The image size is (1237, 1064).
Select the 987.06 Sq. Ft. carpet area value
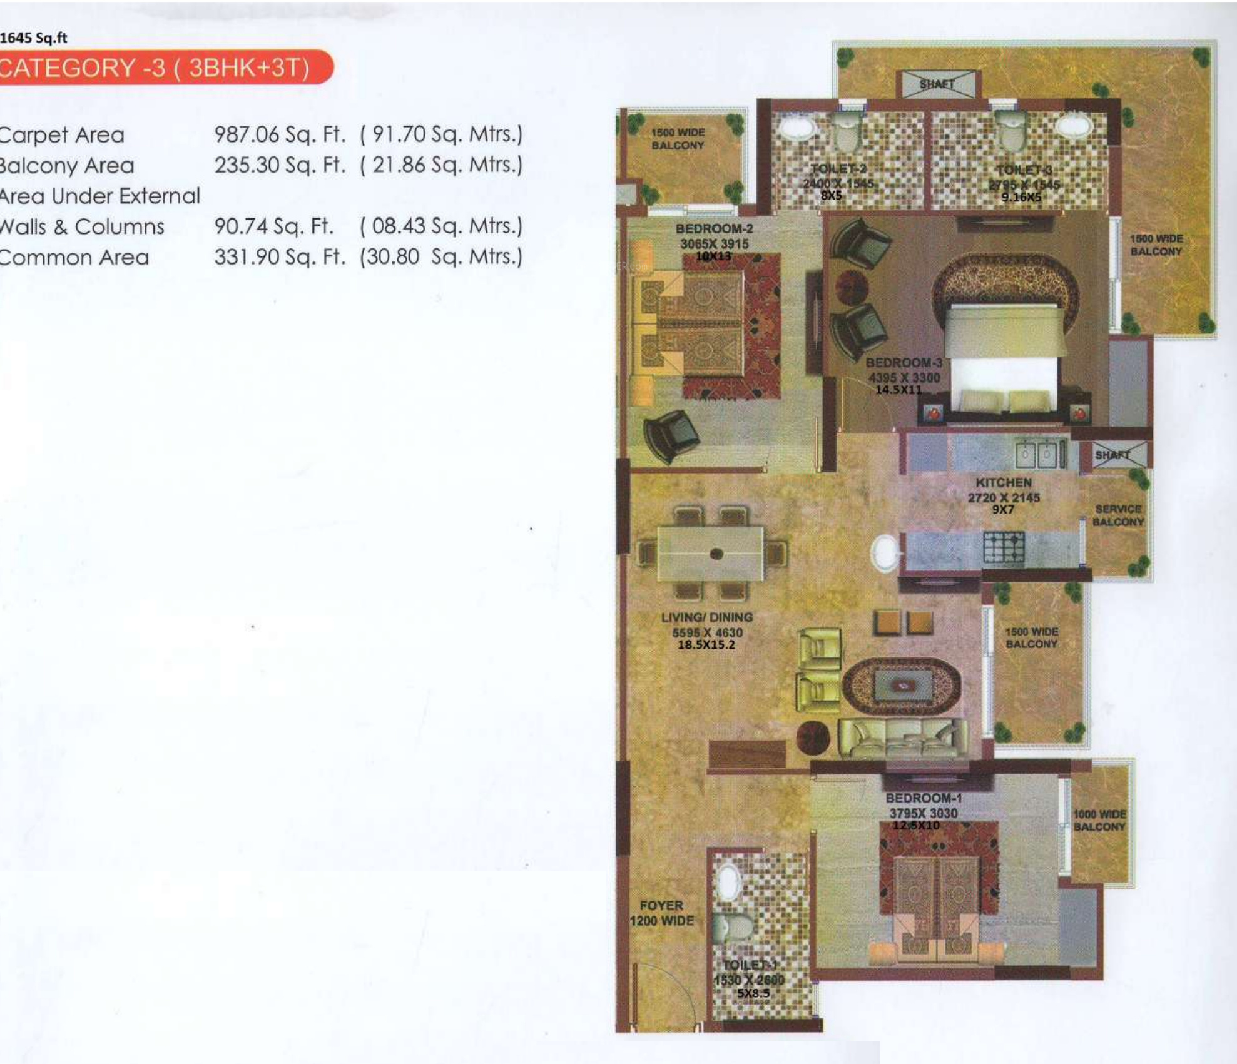point(279,134)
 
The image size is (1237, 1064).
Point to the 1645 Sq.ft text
point(34,38)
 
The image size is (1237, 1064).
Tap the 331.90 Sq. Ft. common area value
point(279,256)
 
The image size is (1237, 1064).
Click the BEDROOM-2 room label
point(714,229)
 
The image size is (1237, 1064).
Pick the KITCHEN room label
point(1003,482)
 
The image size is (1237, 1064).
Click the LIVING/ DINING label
point(707,617)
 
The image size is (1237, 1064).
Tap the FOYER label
point(661,905)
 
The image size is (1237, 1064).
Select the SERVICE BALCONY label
point(1118,515)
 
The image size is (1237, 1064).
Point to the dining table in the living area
point(710,554)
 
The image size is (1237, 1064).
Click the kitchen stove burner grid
point(1004,547)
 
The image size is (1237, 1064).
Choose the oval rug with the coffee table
point(901,686)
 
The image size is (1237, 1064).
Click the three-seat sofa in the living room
point(902,739)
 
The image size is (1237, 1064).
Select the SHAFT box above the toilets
point(937,84)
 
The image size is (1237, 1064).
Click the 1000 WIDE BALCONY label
point(1099,820)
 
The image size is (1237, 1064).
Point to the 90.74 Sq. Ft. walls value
point(273,226)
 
